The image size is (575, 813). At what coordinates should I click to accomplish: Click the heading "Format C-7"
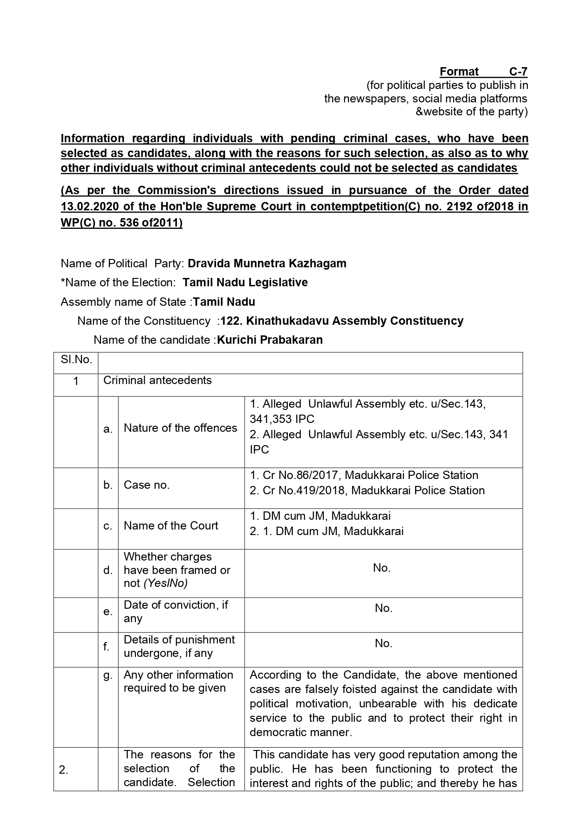483,72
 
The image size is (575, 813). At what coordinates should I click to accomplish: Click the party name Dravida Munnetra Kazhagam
267,264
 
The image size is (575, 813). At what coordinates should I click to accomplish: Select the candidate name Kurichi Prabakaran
270,340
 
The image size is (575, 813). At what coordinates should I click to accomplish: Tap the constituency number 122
230,321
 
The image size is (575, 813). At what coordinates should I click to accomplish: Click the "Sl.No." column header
76,359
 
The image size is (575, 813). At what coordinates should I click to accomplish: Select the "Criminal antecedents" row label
158,380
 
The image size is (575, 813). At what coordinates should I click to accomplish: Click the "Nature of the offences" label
180,428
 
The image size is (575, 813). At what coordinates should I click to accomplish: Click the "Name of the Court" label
171,526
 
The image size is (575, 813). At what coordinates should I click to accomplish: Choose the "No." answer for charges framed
382,568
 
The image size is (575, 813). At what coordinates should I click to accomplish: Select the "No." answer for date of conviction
384,608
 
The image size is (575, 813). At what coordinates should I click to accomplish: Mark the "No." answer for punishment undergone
384,643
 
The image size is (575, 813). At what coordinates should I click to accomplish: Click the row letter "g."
108,675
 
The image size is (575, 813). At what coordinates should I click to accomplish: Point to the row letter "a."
108,429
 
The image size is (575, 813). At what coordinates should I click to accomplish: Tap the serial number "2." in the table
64,770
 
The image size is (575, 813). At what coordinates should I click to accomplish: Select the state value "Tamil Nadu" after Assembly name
224,302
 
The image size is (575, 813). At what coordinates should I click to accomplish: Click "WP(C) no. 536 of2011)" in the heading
121,223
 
